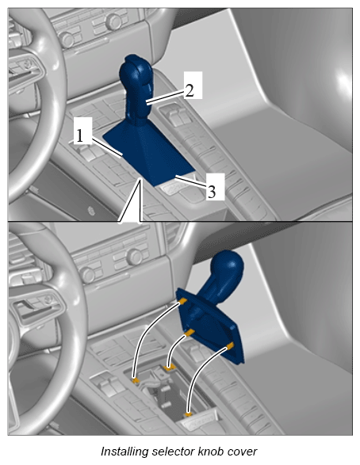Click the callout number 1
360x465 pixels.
(x=79, y=135)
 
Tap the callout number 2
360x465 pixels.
(x=190, y=90)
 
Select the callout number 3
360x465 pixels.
(x=211, y=191)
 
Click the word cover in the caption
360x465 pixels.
(x=242, y=452)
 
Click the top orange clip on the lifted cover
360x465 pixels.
(x=183, y=301)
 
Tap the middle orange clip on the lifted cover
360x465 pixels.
(x=189, y=333)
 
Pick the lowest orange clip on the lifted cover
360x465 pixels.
(x=230, y=345)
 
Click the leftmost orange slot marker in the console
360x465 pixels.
(x=136, y=380)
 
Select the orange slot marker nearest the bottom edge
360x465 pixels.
(x=188, y=414)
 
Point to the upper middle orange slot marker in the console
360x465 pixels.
(x=169, y=368)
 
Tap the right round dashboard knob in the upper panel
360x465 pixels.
(x=113, y=21)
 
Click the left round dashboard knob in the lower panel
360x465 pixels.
(x=88, y=275)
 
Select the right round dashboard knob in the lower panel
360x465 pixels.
(x=136, y=257)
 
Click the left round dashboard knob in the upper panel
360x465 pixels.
(x=66, y=40)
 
